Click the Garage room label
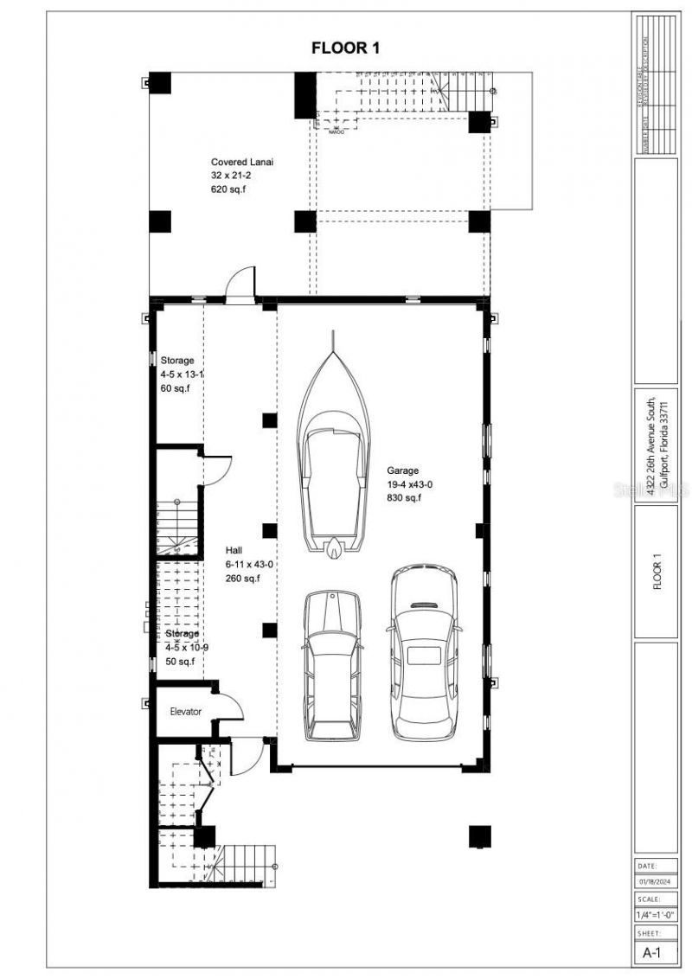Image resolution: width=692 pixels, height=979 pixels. (x=402, y=471)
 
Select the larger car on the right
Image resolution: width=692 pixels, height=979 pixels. (x=423, y=653)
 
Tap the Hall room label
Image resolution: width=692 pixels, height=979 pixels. (x=234, y=550)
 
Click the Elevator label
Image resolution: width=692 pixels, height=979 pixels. (x=185, y=712)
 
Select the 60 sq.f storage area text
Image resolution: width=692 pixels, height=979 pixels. (x=175, y=389)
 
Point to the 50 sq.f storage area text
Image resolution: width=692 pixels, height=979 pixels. (x=179, y=662)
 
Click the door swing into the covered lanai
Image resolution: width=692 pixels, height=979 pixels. (x=241, y=283)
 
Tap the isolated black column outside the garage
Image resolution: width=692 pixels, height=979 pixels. (x=480, y=836)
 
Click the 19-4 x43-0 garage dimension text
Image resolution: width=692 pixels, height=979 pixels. (x=410, y=485)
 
